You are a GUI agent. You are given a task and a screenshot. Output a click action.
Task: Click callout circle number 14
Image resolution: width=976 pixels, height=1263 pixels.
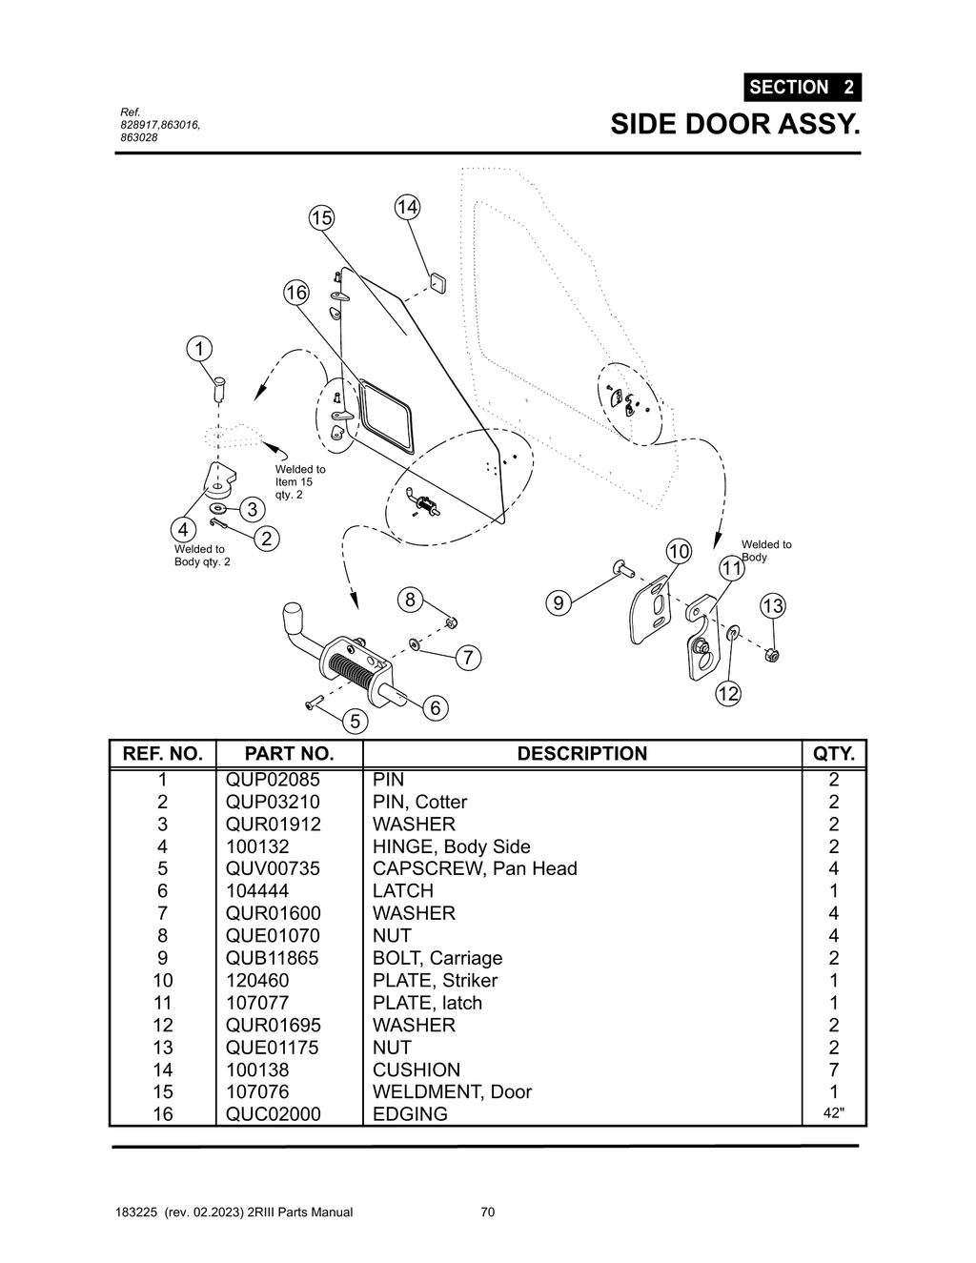click(407, 207)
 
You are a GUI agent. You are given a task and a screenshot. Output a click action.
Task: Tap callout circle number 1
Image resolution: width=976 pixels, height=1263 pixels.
click(199, 349)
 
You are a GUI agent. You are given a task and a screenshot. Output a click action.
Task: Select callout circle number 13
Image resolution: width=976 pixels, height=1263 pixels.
click(772, 606)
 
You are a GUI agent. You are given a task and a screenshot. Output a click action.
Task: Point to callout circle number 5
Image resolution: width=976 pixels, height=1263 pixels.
click(355, 721)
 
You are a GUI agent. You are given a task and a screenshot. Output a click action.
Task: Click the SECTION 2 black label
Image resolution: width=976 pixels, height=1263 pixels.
click(802, 87)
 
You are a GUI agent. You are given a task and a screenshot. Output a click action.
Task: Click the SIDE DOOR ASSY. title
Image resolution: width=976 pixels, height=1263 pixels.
click(734, 124)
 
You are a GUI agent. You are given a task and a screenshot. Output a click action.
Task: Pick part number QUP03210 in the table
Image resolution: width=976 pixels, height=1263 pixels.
click(273, 802)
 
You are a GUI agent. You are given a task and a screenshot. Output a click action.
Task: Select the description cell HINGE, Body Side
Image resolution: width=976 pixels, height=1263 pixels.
click(451, 846)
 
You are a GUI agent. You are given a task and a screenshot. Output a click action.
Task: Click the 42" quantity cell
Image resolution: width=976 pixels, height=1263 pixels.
click(833, 1113)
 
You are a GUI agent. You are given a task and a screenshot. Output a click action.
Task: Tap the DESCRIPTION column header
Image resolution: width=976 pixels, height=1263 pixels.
click(581, 753)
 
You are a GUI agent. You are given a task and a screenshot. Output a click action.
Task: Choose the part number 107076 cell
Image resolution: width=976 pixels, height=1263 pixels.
click(257, 1091)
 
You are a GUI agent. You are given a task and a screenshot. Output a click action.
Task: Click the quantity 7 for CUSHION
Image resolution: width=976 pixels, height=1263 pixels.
click(833, 1069)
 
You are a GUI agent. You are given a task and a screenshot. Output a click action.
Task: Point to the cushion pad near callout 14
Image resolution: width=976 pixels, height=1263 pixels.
click(437, 281)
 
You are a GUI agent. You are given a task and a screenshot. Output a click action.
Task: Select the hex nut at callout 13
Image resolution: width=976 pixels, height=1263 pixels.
click(772, 655)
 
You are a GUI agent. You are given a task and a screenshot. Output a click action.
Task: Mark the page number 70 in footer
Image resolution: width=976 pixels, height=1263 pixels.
click(487, 1212)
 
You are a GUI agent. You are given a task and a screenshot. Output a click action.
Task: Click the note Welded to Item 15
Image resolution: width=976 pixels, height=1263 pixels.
click(299, 481)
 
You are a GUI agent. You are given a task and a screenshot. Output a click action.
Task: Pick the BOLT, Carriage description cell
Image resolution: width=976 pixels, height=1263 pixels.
click(437, 958)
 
